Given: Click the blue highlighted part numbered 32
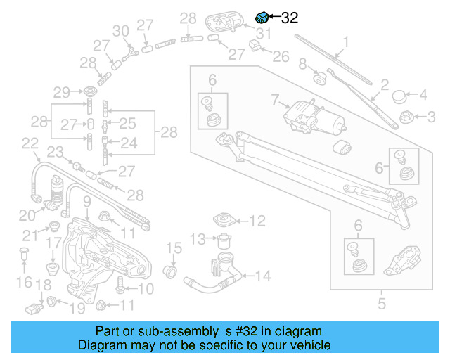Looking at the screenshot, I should coord(261,18).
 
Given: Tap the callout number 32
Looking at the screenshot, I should coord(290,19).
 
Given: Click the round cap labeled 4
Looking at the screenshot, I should coord(399,94).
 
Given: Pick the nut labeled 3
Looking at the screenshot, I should coord(405,115).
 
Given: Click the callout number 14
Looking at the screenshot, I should coord(262,276).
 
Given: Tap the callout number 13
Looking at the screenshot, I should coord(198,239).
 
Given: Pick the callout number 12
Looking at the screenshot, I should coord(258,221).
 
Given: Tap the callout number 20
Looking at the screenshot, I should coord(26,215).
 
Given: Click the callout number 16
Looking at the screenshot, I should coord(24,282).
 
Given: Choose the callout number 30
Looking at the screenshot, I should coord(121,30).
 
